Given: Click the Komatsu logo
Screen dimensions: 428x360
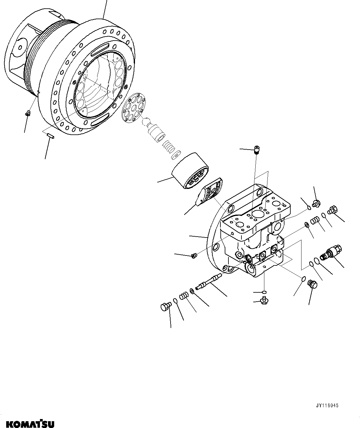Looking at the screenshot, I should point(27,423).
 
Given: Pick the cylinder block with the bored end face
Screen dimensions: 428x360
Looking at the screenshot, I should point(190,171).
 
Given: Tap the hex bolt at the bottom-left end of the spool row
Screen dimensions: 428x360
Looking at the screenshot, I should point(165,307).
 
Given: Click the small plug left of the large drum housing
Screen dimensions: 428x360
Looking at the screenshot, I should point(27,114).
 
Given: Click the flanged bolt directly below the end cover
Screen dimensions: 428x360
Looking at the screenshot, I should point(264,299).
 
